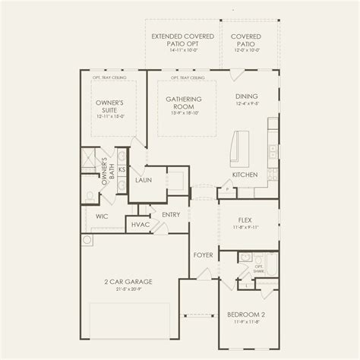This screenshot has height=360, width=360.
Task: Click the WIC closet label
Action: tap(101, 216)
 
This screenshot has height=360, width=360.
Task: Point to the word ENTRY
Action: tap(170, 215)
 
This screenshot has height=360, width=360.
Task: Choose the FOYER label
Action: tap(202, 255)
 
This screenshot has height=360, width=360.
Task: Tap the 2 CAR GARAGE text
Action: tap(128, 282)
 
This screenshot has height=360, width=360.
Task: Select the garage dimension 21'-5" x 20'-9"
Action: tap(128, 289)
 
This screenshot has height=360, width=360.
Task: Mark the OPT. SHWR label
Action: tap(258, 269)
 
